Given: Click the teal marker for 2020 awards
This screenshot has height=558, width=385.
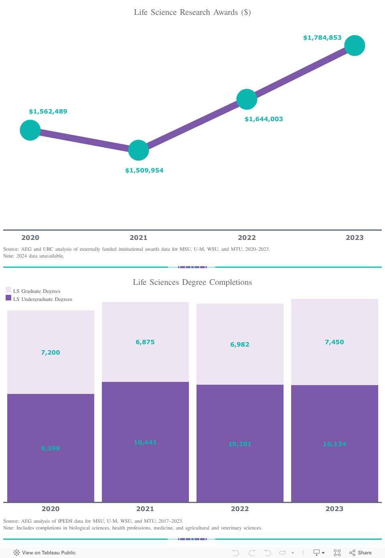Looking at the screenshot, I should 30,130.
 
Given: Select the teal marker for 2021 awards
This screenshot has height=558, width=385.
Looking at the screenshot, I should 138,150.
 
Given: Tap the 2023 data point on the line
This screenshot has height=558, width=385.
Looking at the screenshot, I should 355,45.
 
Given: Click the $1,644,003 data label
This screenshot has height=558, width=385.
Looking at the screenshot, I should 263,119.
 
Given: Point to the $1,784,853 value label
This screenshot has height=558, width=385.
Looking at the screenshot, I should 322,38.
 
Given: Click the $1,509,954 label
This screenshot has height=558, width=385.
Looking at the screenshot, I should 144,170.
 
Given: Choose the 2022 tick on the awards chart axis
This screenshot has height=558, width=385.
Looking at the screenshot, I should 247,237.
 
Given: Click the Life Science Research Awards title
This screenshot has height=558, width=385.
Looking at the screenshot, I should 192,12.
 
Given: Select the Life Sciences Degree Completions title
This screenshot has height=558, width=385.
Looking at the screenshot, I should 192,282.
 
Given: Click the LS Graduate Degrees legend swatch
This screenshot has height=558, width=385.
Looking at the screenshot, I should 8,290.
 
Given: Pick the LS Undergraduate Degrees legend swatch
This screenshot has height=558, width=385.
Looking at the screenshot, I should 8,298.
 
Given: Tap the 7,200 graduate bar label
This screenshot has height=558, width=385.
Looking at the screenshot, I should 51,353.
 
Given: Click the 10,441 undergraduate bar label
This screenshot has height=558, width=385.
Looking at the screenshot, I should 145,442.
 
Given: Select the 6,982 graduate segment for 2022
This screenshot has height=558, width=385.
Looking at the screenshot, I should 240,344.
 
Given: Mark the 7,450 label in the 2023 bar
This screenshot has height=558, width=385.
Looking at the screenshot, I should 334,342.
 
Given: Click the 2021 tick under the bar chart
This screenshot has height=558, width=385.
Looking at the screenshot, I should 145,509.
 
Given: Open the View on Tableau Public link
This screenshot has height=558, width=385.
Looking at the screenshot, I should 45,553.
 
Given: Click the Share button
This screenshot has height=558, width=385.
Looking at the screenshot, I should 361,553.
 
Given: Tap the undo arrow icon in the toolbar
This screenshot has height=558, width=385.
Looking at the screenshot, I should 236,553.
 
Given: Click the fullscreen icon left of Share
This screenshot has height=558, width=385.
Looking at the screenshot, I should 337,553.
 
